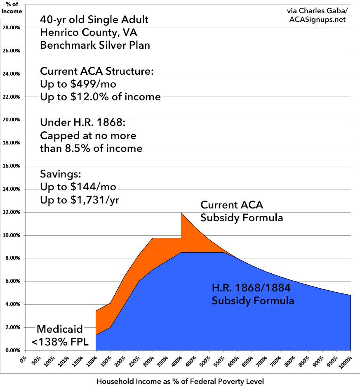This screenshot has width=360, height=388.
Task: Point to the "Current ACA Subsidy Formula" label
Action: click(241, 211)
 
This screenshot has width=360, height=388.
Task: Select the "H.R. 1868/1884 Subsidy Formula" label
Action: click(253, 295)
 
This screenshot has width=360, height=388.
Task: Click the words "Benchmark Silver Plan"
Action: click(95, 45)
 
